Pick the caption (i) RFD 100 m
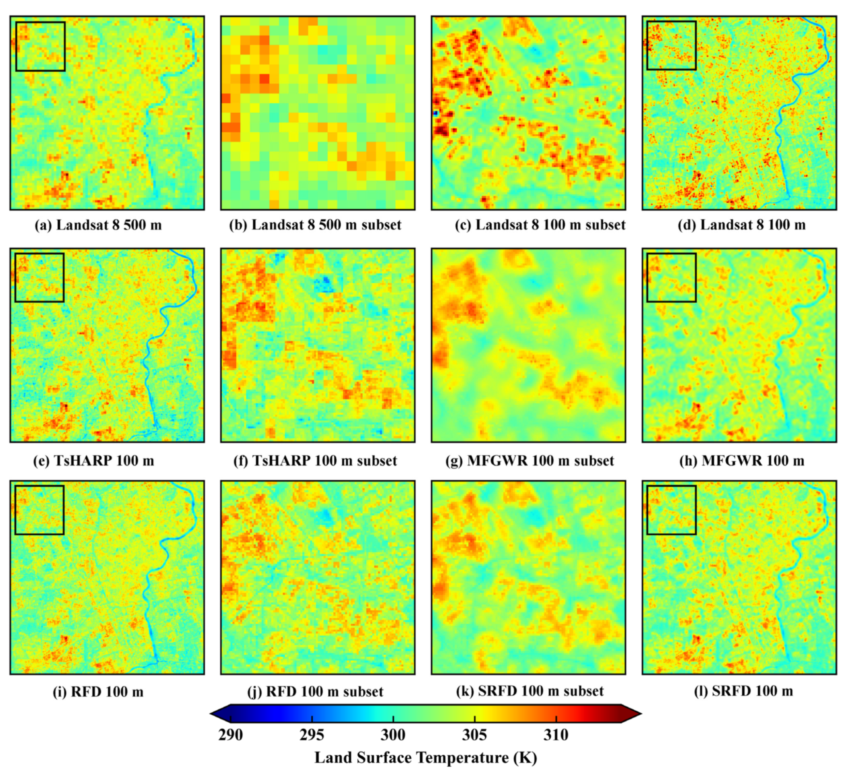point(98,692)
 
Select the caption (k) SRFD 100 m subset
point(530,692)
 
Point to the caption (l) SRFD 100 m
point(743,692)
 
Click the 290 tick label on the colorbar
point(230,735)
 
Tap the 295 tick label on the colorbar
point(312,735)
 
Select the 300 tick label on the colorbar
point(393,735)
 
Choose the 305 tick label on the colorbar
point(475,735)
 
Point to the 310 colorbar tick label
point(556,735)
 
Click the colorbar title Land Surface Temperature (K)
point(426,757)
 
